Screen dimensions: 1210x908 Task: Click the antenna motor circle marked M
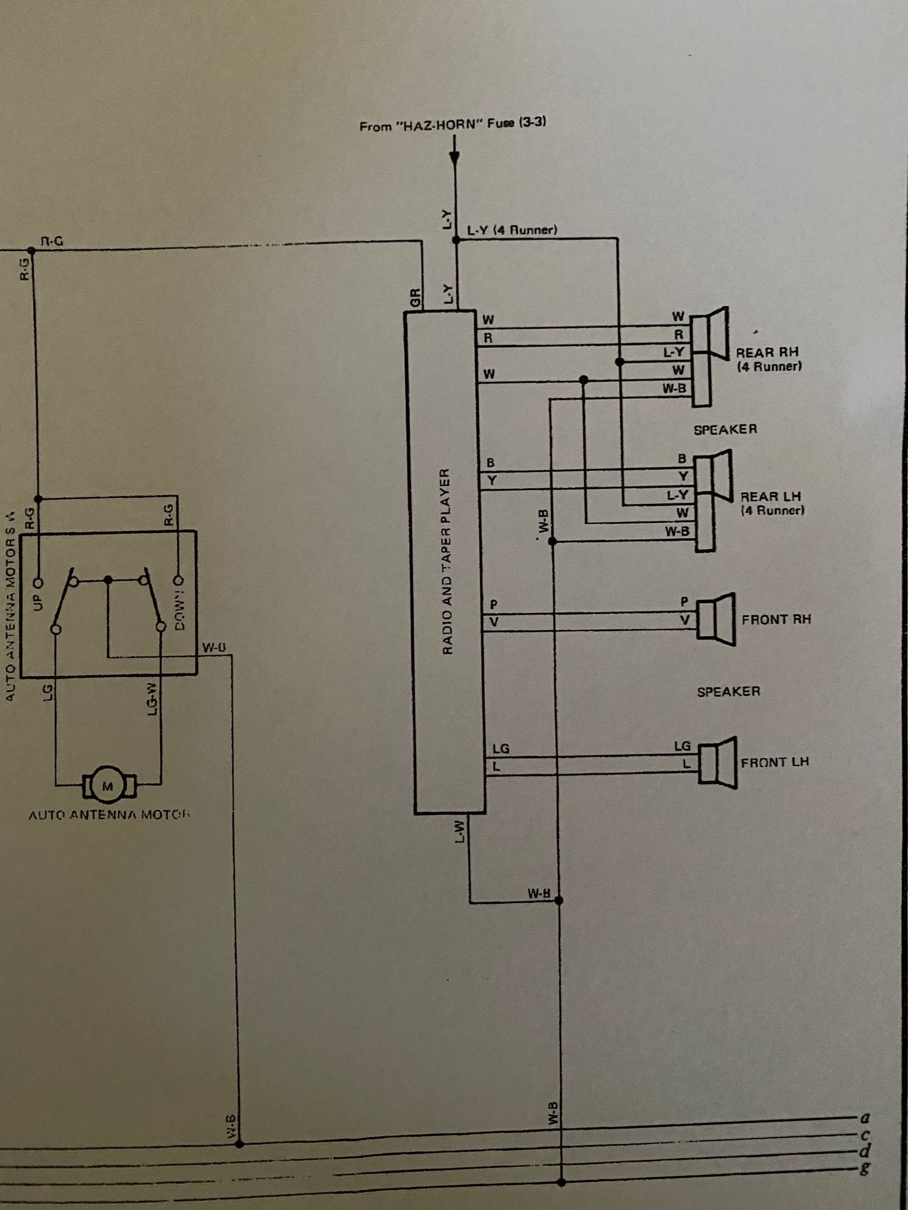(108, 786)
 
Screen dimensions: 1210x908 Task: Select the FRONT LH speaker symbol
(718, 763)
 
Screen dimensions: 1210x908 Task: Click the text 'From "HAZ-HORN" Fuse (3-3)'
(453, 125)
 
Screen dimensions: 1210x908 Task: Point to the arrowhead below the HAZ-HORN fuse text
(455, 158)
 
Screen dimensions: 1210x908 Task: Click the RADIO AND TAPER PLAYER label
(447, 561)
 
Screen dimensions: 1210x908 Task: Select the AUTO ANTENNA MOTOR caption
(109, 815)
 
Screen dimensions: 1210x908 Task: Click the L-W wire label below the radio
(460, 832)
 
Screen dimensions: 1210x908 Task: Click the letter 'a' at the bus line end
(865, 1118)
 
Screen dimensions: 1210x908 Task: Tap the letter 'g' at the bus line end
(865, 1168)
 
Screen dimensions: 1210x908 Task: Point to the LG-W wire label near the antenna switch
(153, 699)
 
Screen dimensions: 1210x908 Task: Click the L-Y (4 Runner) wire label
(512, 230)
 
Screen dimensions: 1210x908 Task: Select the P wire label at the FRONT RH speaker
(684, 601)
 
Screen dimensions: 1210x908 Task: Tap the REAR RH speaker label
(768, 359)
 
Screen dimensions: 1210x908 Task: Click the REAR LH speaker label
(771, 503)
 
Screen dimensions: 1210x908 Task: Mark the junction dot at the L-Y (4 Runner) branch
(456, 240)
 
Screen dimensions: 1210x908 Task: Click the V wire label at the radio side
(494, 622)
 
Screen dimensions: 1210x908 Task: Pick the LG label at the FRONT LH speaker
(682, 747)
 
